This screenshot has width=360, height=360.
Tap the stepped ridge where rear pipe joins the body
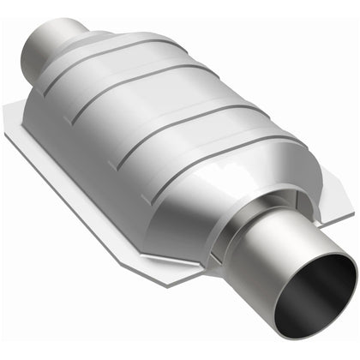(x=81, y=39)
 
